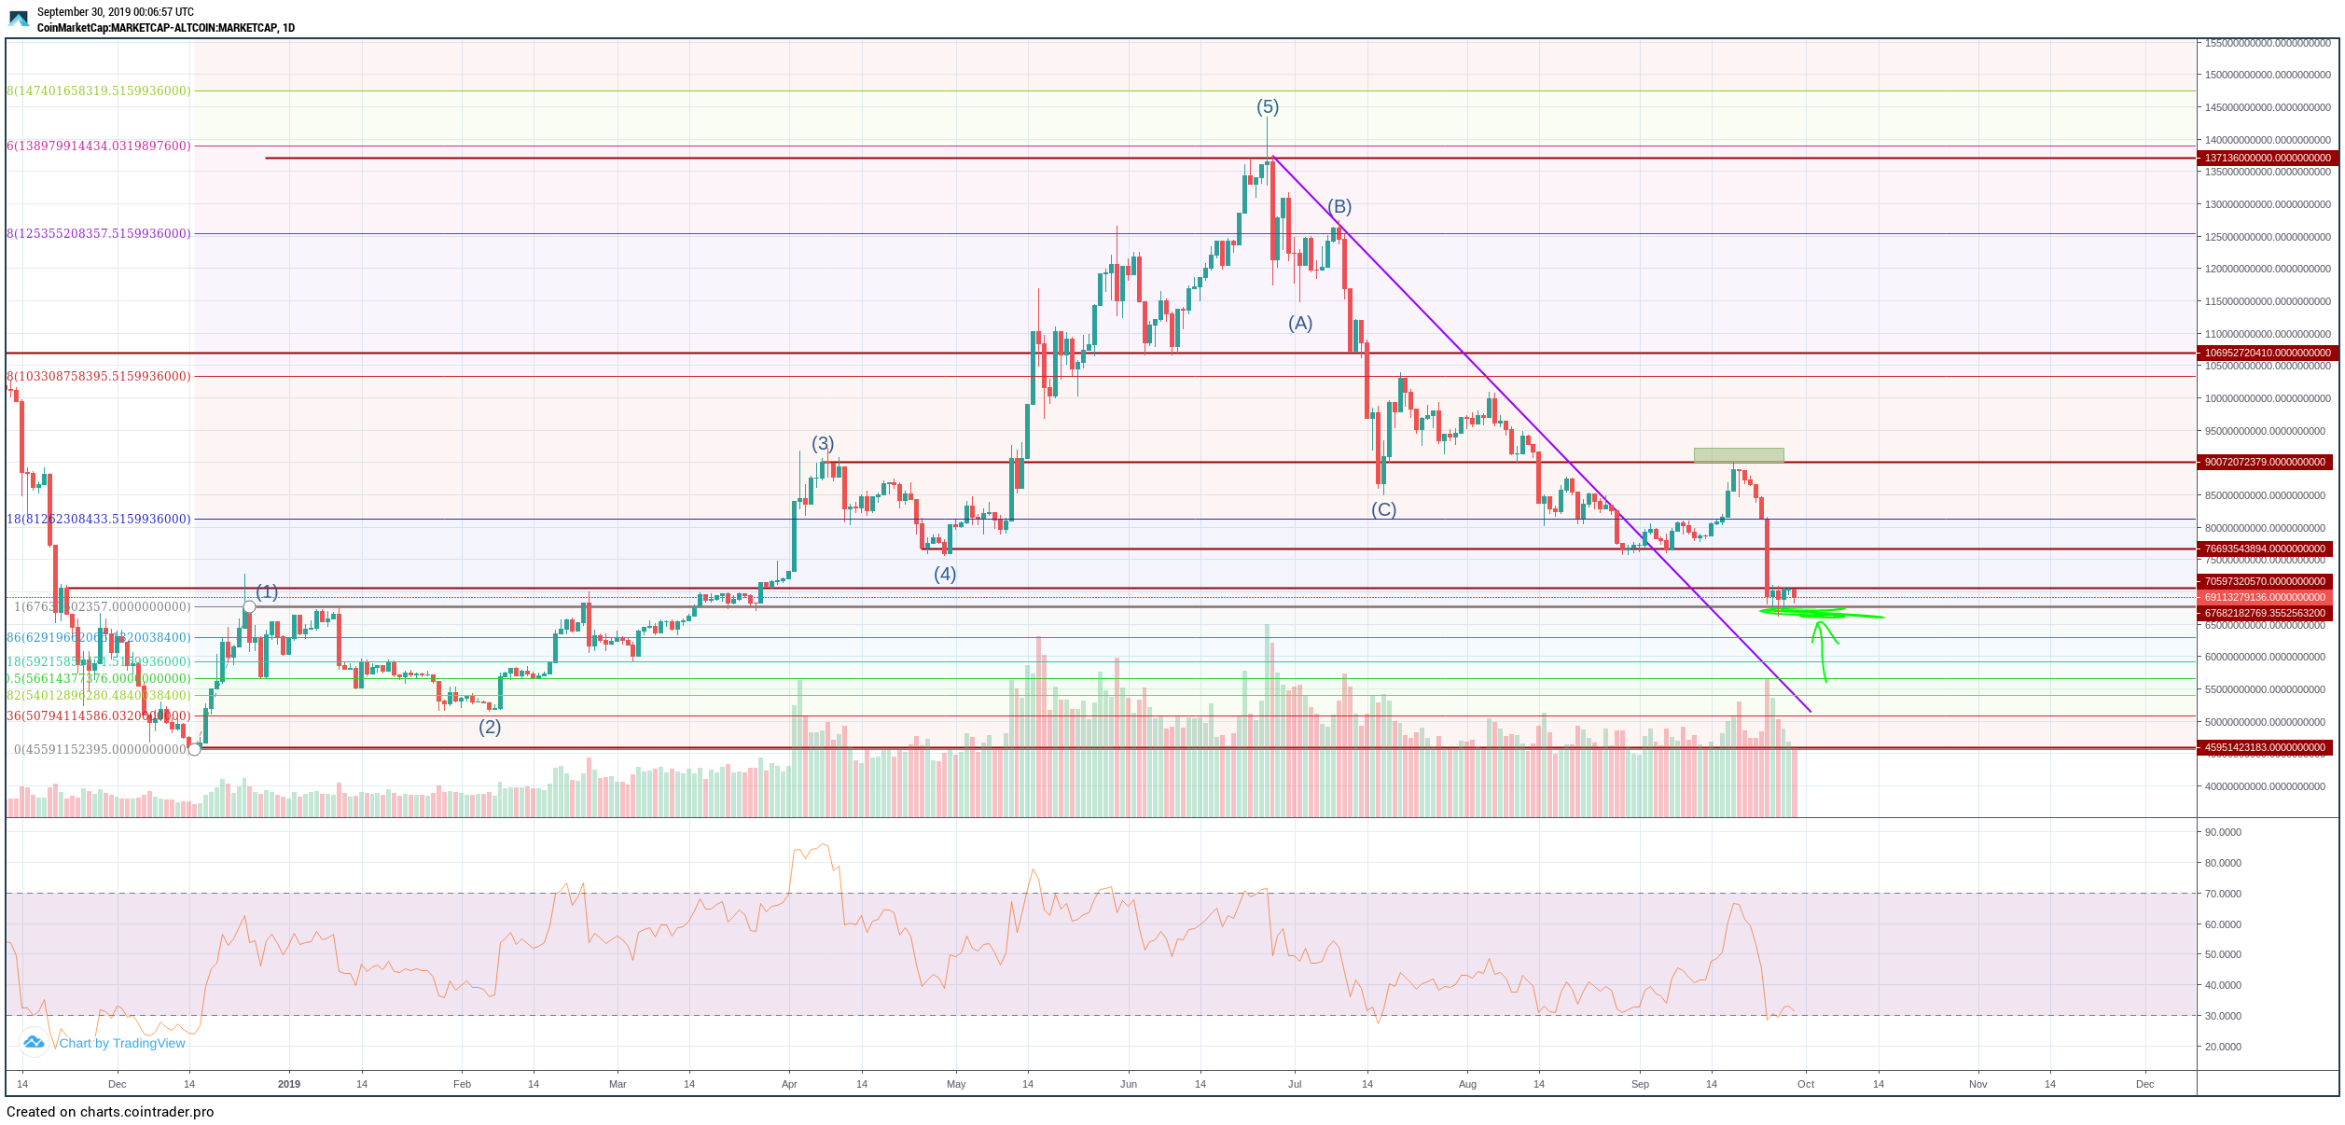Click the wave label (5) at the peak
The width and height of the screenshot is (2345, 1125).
coord(1267,107)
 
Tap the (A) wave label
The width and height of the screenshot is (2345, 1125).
coord(1300,324)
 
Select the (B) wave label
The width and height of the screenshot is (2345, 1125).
coord(1339,207)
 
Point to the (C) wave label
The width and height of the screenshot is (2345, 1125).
coord(1383,510)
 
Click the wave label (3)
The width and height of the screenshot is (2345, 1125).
coord(823,444)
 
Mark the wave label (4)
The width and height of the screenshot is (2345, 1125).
coord(945,575)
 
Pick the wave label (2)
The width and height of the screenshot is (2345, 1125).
coord(490,728)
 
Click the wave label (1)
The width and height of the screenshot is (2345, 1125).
coord(267,592)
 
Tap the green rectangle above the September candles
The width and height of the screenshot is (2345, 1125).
coord(1739,455)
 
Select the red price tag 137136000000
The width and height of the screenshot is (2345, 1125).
coord(2266,159)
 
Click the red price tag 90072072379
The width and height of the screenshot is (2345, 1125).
coord(2265,463)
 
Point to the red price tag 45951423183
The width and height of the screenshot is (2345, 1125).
coord(2265,748)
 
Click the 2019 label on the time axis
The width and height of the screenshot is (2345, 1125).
coord(289,1085)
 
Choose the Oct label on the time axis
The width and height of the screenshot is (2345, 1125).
coord(1806,1085)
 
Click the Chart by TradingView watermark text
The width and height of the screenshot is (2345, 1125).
coord(122,1044)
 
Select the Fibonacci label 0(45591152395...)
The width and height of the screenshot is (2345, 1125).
coord(101,750)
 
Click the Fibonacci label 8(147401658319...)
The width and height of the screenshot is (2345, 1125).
coord(99,91)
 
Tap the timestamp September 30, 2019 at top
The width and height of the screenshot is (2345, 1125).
coord(116,12)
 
